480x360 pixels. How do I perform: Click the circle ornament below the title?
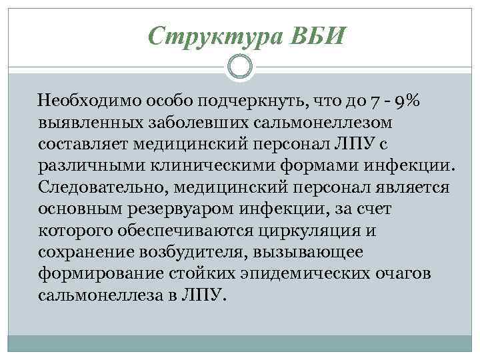tap(240, 66)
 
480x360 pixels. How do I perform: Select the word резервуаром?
tap(189, 209)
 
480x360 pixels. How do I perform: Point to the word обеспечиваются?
tap(191, 231)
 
